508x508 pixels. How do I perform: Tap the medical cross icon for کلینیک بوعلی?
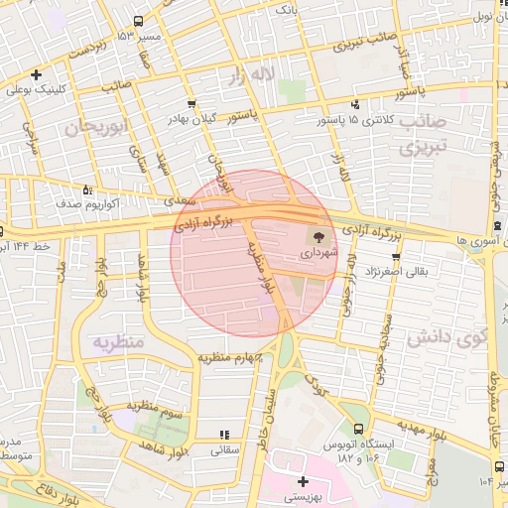click(x=37, y=74)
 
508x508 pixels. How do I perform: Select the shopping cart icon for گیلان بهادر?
click(x=190, y=103)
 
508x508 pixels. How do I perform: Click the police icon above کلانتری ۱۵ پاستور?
click(x=354, y=104)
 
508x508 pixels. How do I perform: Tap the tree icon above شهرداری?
click(x=319, y=237)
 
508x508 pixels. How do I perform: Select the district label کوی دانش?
click(x=460, y=335)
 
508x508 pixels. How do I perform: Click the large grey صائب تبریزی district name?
click(x=424, y=135)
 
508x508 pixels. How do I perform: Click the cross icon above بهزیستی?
click(x=303, y=481)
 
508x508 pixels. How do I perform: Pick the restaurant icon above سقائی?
click(x=223, y=434)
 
